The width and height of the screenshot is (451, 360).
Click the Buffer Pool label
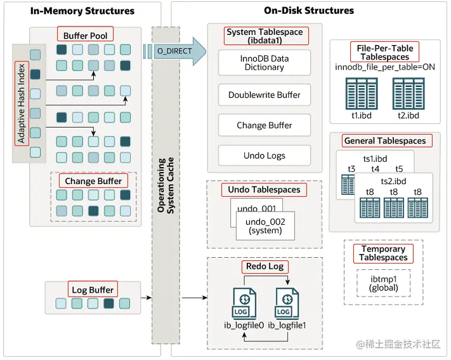(85, 36)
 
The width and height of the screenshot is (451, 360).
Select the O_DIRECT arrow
(175, 51)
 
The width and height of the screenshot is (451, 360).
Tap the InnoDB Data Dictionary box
(265, 63)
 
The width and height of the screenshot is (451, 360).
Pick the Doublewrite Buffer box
(265, 95)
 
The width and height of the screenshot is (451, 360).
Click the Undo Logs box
(265, 156)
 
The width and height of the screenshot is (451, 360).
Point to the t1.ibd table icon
(362, 93)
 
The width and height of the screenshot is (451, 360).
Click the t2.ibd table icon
(409, 93)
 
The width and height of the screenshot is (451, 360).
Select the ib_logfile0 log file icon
(244, 303)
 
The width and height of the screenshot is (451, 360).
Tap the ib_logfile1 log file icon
(287, 303)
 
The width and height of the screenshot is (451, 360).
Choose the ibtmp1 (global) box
(383, 283)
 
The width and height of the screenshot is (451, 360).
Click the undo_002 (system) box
(265, 226)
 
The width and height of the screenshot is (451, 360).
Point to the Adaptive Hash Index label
(22, 103)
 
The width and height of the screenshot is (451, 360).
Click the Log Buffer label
(93, 290)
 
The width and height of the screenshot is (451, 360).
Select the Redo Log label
(265, 267)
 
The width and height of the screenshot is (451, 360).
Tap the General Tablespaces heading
(385, 141)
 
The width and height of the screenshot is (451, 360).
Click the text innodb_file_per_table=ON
(385, 67)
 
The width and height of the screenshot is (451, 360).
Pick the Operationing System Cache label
(166, 185)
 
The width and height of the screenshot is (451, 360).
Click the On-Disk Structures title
(309, 11)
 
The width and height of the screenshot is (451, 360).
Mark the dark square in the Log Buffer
(108, 303)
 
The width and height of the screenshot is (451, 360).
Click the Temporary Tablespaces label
(383, 253)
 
